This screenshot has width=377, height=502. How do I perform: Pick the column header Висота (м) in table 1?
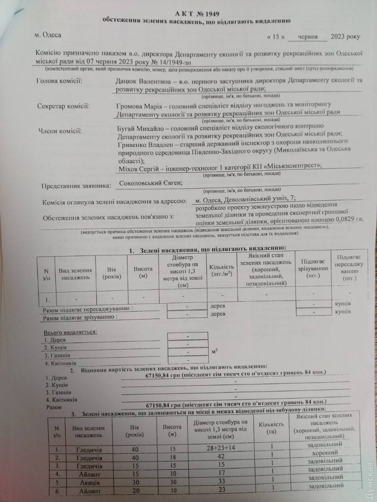(x=143, y=273)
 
